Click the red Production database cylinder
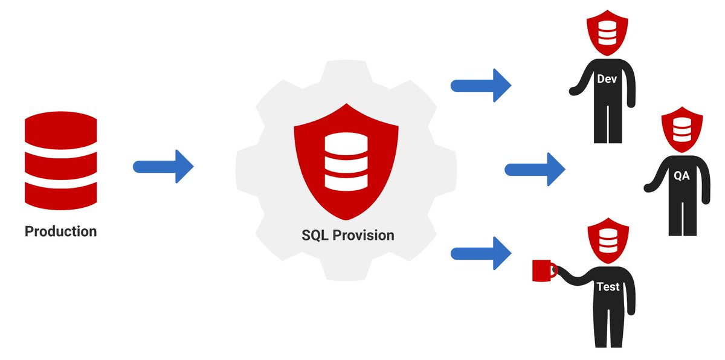[x=60, y=161]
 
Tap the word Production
[x=60, y=231]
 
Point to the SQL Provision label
[x=348, y=235]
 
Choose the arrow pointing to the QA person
[x=535, y=169]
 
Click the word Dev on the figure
[x=607, y=79]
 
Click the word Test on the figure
[x=607, y=287]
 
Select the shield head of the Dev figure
[x=607, y=30]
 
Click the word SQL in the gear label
[x=315, y=235]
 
